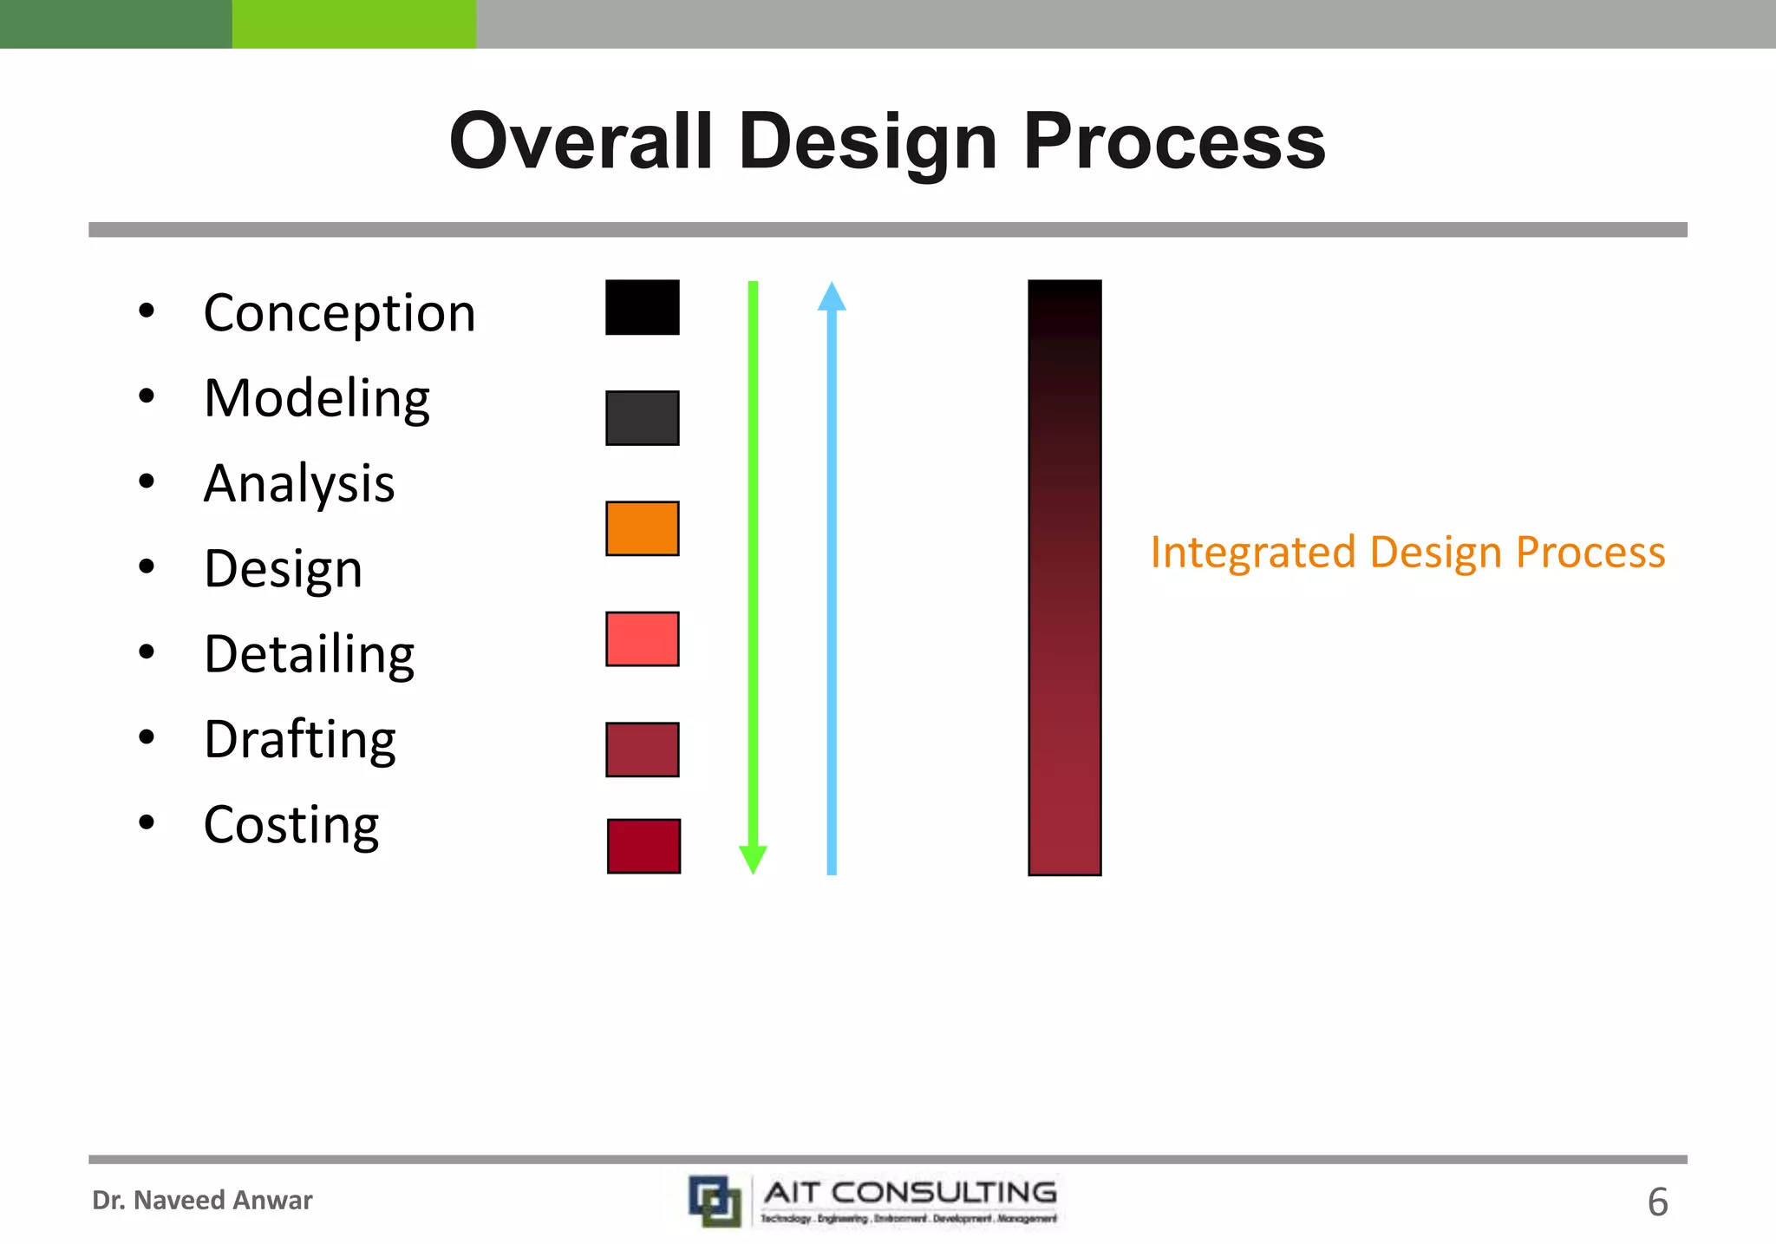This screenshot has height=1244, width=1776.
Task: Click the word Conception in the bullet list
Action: pos(339,313)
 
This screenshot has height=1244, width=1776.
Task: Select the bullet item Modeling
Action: pos(317,398)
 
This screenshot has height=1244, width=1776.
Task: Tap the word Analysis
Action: pos(299,483)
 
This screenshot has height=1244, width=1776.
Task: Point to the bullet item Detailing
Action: pos(309,654)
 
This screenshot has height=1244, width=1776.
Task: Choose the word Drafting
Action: pos(300,739)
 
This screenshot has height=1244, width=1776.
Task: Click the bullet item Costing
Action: pos(291,824)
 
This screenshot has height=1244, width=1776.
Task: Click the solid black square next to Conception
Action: pos(642,307)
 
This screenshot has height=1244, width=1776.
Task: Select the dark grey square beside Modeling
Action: pos(642,418)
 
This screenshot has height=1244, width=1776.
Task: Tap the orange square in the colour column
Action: pos(642,528)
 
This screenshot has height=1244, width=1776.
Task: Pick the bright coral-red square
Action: pos(642,639)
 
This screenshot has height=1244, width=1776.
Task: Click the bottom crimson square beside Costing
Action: pos(643,846)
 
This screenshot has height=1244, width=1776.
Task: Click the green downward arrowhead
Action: pos(753,859)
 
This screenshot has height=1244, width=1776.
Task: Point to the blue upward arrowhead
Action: pos(832,298)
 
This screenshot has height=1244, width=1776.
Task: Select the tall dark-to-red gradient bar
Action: pos(1064,577)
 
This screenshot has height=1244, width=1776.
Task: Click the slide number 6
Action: pos(1657,1202)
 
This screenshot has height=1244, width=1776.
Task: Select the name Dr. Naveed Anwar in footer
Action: pos(202,1201)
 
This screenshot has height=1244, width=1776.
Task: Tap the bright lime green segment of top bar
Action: pos(354,23)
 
